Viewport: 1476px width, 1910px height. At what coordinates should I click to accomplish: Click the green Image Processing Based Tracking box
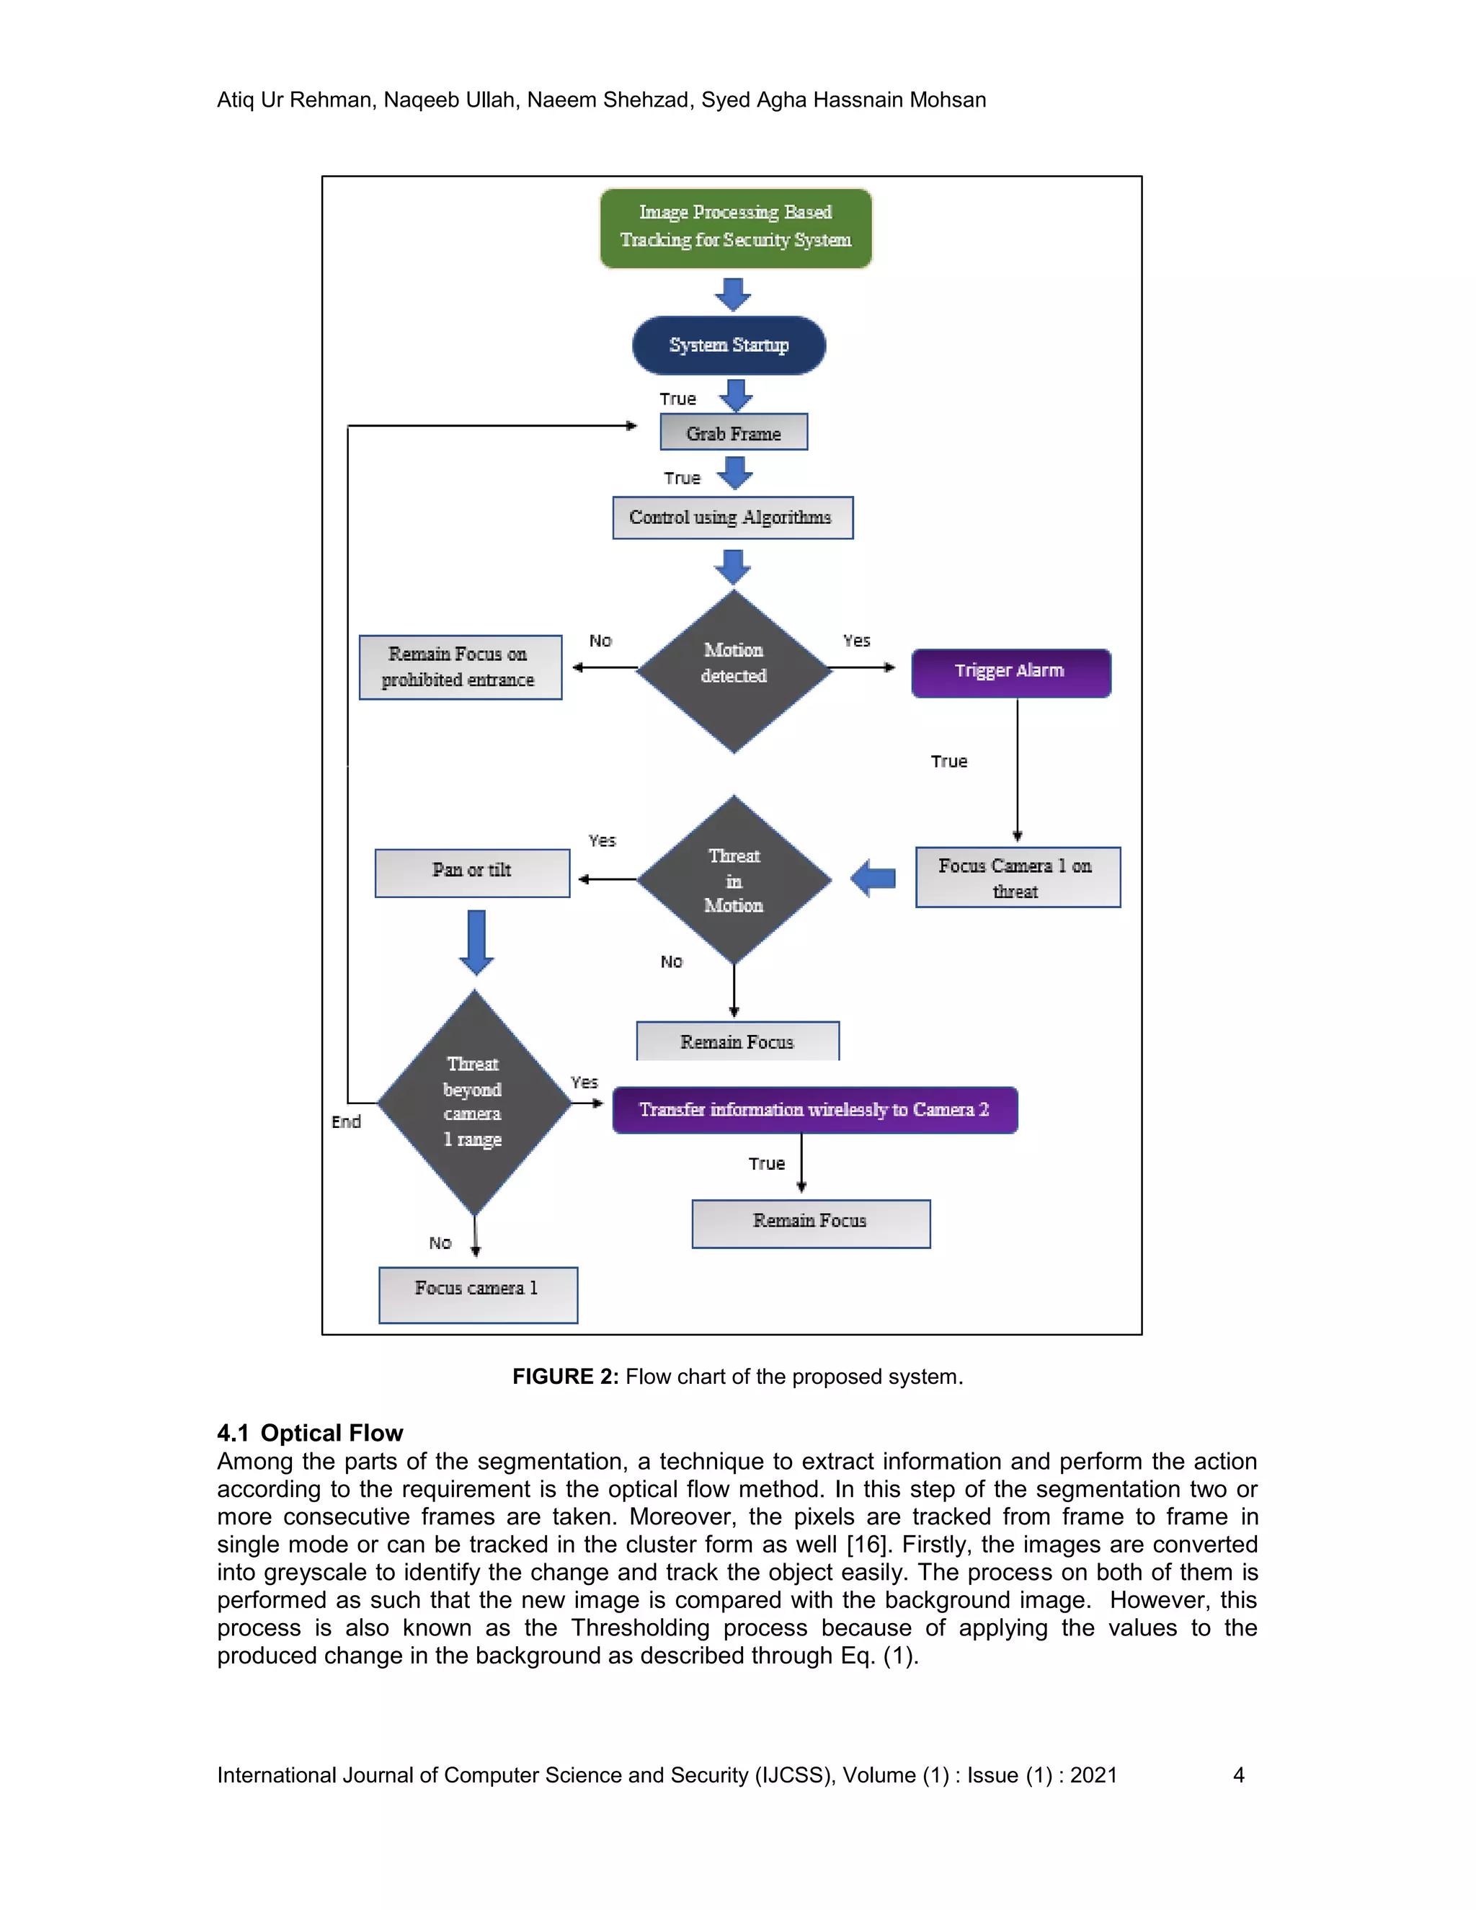click(x=735, y=227)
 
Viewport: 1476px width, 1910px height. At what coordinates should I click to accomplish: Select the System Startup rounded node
click(x=729, y=345)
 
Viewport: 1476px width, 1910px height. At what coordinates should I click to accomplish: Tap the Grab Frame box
click(x=734, y=432)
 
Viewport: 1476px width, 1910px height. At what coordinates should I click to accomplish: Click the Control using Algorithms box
click(x=732, y=518)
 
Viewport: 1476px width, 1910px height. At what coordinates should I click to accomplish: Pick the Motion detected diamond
click(x=734, y=671)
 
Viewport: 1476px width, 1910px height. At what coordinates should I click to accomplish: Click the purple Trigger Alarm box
click(x=1010, y=672)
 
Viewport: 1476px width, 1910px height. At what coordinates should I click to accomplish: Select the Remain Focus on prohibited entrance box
click(x=460, y=667)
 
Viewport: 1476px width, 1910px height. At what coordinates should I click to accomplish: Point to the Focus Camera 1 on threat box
click(x=1017, y=877)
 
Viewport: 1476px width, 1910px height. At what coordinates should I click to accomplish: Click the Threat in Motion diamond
click(x=734, y=880)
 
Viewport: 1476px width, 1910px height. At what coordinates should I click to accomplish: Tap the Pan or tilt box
click(x=472, y=872)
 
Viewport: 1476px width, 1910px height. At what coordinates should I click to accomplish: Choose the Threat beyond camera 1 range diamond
click(x=474, y=1102)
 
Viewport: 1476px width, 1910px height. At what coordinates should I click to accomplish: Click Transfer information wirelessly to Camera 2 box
click(x=814, y=1110)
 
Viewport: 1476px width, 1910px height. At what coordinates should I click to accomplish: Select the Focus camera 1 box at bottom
click(x=477, y=1294)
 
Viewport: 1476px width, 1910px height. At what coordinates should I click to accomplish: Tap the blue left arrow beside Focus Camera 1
click(x=873, y=878)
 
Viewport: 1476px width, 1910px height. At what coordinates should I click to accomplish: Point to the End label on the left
click(x=346, y=1121)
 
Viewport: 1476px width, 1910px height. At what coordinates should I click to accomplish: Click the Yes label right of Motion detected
click(x=856, y=641)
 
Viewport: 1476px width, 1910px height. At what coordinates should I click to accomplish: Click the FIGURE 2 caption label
click(x=565, y=1377)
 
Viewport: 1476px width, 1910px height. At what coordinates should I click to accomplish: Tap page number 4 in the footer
click(x=1237, y=1774)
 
